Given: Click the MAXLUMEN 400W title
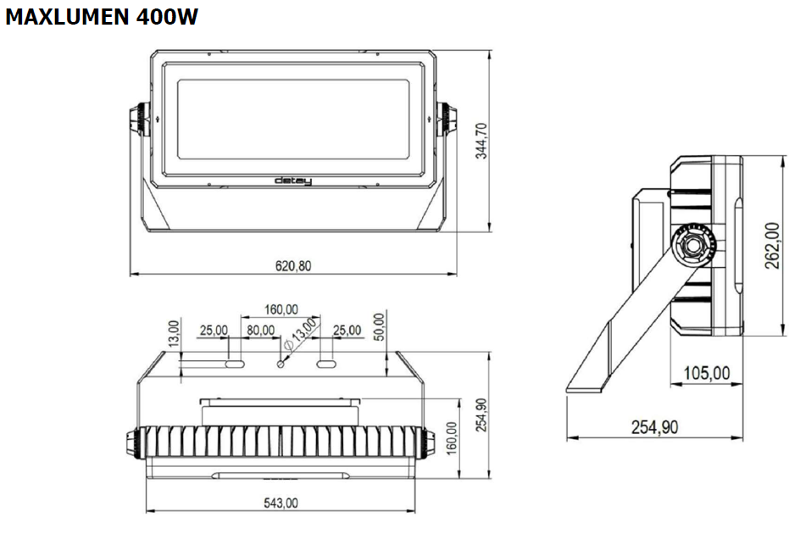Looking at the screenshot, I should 102,18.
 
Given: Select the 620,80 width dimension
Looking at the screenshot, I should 293,265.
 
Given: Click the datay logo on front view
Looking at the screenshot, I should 293,181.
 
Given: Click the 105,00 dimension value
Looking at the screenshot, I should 707,373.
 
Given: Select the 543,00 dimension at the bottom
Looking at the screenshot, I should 281,503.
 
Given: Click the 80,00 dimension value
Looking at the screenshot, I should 260,330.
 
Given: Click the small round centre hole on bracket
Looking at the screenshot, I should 281,364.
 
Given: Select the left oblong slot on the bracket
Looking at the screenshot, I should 235,364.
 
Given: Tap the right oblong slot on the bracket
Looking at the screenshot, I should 327,364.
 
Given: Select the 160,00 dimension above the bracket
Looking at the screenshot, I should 281,309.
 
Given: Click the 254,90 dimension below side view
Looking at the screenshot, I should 654,426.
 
